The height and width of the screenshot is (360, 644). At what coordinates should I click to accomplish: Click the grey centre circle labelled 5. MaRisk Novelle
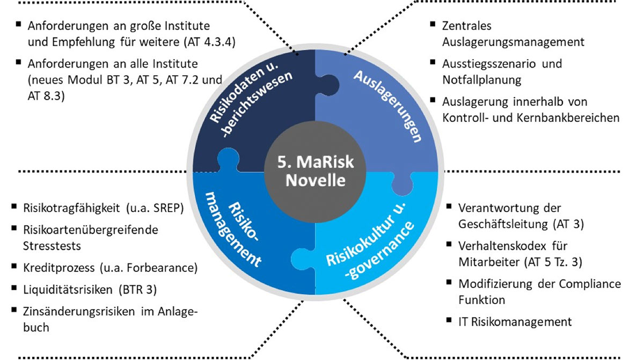click(315, 170)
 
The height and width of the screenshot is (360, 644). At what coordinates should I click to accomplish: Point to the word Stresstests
click(52, 245)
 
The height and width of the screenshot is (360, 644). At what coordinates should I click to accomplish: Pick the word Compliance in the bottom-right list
click(588, 283)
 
